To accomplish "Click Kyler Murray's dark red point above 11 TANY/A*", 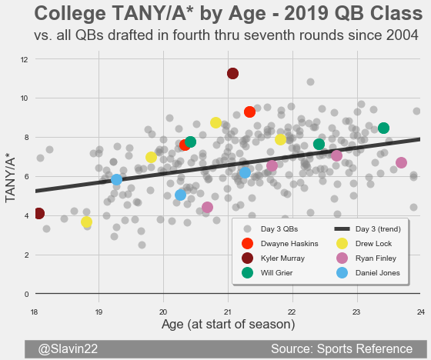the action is point(232,73).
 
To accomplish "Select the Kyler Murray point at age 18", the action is point(38,213).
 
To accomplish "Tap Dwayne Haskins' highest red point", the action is point(249,112).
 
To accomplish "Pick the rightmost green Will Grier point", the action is point(383,128).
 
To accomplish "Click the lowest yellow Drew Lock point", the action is point(86,222).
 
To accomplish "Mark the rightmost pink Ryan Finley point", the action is point(401,162).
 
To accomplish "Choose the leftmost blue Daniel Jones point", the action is point(116,179).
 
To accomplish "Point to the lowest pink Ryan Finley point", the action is point(207,207).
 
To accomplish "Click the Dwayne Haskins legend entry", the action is point(280,244).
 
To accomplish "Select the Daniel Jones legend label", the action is point(378,273).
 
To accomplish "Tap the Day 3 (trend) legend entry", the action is point(367,229).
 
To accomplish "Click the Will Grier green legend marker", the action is point(247,272).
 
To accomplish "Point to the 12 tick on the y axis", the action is point(25,60).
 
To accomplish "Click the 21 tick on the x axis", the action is point(228,312).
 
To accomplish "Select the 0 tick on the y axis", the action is point(26,295).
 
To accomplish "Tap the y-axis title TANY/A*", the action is point(10,180).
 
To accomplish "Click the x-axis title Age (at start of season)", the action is point(228,325).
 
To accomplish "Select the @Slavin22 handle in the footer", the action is point(68,348).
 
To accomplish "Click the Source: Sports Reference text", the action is point(342,348).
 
